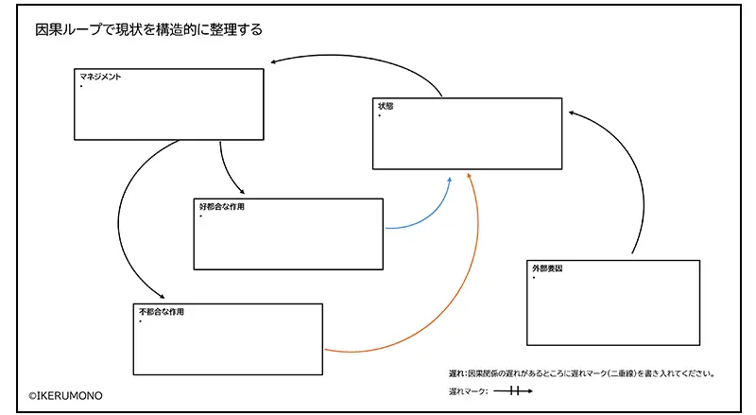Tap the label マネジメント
100,78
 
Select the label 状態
386,106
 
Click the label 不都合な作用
161,311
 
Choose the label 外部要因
547,268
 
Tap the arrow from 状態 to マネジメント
359,60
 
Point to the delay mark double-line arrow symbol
512,390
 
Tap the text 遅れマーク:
468,390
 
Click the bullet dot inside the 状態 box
380,115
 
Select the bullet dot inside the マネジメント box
81,87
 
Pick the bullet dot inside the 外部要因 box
534,278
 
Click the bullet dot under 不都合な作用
141,321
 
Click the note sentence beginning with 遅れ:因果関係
580,372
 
